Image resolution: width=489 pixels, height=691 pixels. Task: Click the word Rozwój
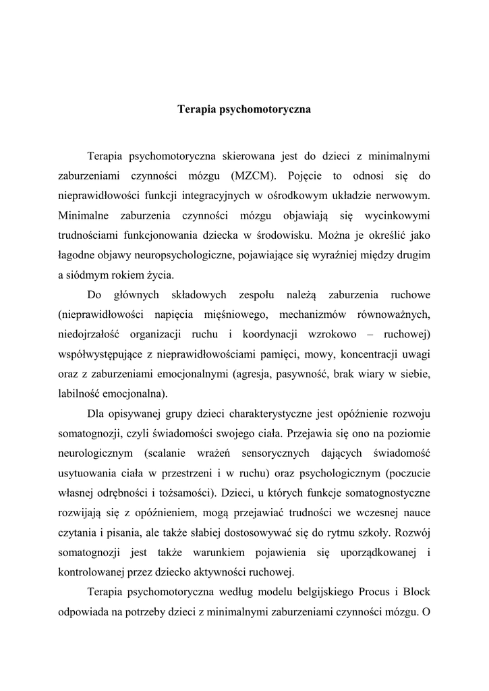pyautogui.click(x=411, y=532)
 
